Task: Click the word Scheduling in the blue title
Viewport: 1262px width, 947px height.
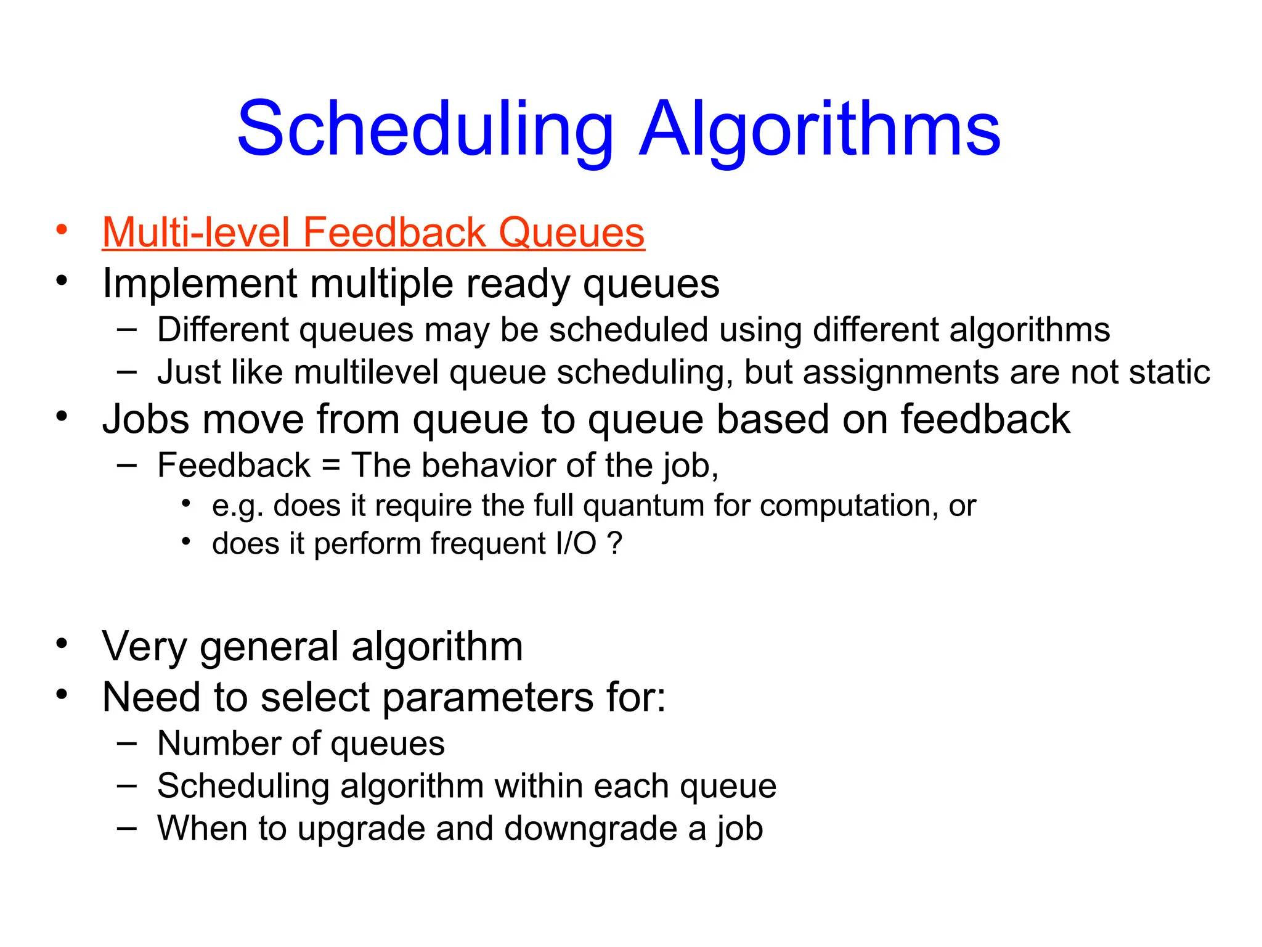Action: (x=425, y=129)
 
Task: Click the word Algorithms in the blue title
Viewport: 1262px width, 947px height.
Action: (x=820, y=129)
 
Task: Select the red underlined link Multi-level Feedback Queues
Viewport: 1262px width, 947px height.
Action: (x=373, y=233)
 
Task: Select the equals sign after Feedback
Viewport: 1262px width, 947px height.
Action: (x=331, y=465)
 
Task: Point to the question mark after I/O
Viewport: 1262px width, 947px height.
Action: (x=614, y=544)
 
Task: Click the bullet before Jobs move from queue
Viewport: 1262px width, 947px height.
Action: (x=61, y=417)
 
